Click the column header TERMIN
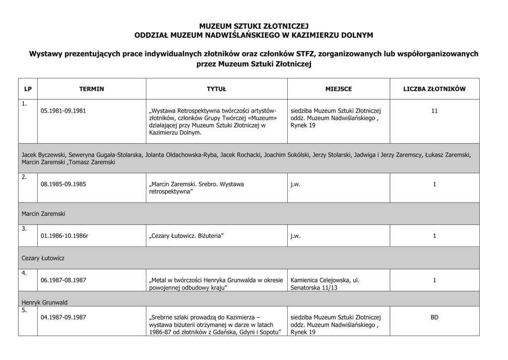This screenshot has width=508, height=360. (x=91, y=89)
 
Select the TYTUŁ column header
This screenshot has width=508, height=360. (x=216, y=89)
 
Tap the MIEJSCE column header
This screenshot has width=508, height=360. (x=338, y=89)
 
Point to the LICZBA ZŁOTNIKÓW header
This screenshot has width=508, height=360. (x=434, y=89)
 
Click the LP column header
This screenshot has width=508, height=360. (x=28, y=89)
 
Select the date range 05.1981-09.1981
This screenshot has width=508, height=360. (x=63, y=111)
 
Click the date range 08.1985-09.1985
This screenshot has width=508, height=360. (x=63, y=184)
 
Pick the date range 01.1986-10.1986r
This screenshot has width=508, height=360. (x=64, y=236)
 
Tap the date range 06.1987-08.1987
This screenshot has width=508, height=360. (x=63, y=280)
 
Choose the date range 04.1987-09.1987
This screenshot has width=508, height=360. (x=63, y=317)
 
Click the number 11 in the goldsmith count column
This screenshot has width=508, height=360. (x=434, y=111)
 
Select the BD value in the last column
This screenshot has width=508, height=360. (x=434, y=317)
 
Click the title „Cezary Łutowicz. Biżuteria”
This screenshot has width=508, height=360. (x=183, y=236)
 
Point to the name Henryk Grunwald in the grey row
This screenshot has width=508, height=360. (x=45, y=302)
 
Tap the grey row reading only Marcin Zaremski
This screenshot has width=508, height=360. (x=44, y=214)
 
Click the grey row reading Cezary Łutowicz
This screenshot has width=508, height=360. (x=43, y=258)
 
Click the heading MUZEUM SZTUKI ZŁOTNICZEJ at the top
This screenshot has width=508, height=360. (x=254, y=26)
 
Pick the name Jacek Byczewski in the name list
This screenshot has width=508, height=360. (x=43, y=155)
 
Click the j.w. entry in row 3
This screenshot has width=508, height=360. (x=296, y=236)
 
